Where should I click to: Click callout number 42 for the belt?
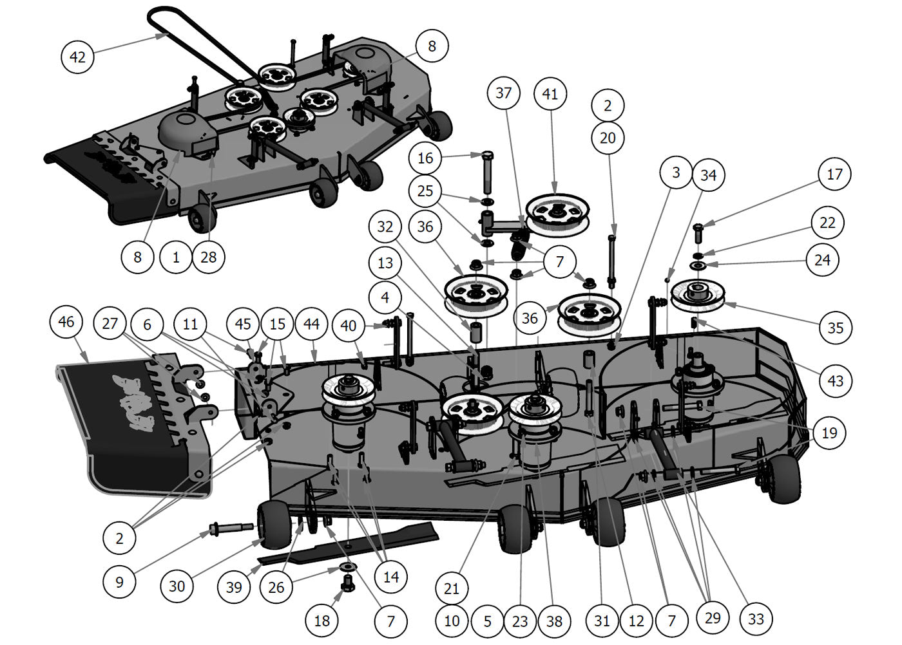77,57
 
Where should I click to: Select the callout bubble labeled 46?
66,322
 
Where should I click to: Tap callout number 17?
834,174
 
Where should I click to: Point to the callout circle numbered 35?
835,328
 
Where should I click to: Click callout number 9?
119,582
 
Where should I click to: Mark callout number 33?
756,619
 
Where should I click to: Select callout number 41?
550,94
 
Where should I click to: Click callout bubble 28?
209,257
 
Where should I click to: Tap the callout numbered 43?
835,380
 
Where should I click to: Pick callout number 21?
452,588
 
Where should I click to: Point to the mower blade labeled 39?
348,544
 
